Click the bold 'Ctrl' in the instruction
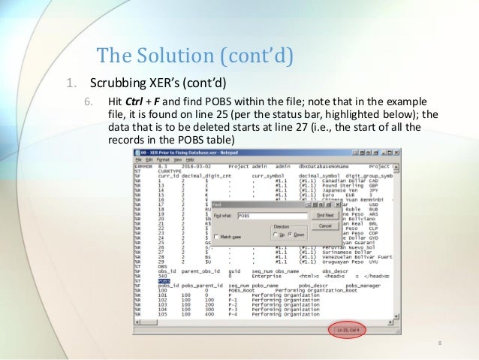134,101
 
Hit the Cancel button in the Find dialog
325,225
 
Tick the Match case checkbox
217,236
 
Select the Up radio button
275,235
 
